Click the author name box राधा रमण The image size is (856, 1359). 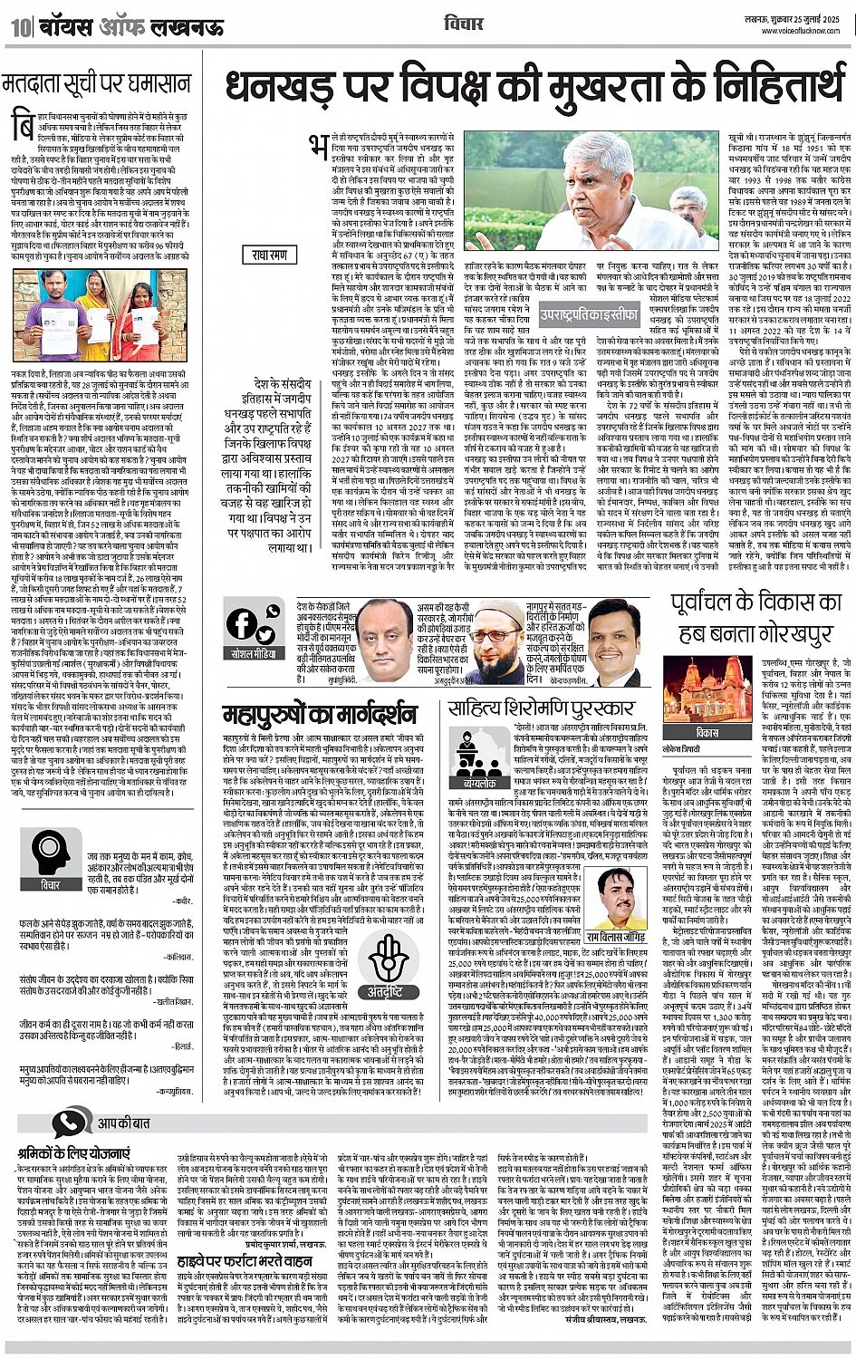coord(270,255)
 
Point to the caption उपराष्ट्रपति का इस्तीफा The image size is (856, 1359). coord(588,315)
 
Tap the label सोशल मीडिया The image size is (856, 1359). coord(254,653)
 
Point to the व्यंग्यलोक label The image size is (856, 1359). coord(479,783)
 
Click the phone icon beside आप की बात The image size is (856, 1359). coord(69,1123)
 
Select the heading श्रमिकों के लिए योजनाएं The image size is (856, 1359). coord(73,1154)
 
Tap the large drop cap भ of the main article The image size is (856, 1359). coord(318,149)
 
